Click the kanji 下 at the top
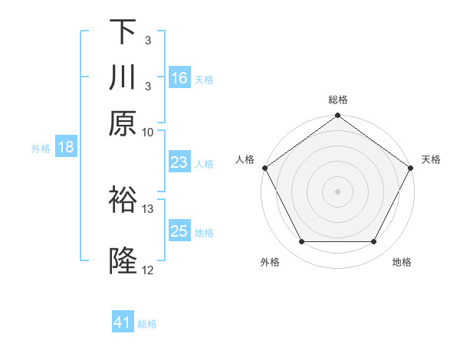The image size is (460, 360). point(123,33)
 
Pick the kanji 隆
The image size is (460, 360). point(123,261)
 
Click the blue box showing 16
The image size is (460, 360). point(179,78)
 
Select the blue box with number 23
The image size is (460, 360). point(179,162)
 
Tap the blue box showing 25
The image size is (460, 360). point(179,231)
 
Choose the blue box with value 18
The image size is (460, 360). point(66,148)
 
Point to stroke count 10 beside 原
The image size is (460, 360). point(148,132)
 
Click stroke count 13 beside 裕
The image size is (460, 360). point(148,208)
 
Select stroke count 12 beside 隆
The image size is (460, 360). point(148,270)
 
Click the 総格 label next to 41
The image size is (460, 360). point(147,324)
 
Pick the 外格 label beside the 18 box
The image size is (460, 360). point(41,149)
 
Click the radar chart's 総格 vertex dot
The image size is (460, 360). point(337,116)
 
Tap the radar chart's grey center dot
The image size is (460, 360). point(337,191)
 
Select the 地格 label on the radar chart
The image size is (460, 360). point(402,263)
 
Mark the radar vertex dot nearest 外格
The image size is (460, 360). point(301,242)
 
